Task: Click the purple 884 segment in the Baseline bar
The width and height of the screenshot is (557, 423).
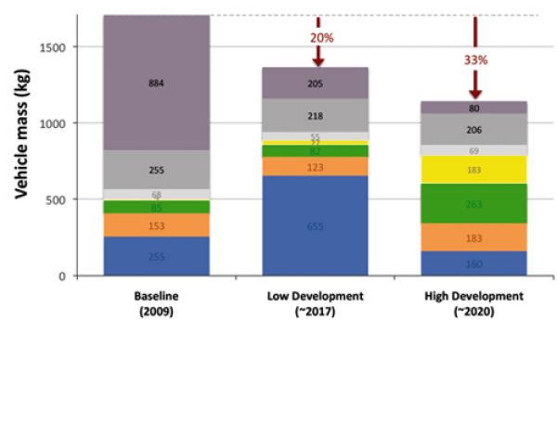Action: coord(156,83)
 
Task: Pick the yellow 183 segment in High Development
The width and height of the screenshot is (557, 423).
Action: coord(474,170)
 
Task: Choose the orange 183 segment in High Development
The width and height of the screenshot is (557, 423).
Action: coord(474,237)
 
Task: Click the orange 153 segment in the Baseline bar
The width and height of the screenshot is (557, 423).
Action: coord(156,225)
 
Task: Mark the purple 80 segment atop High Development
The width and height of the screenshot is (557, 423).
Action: coord(474,108)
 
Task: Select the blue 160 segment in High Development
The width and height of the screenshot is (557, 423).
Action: coord(474,263)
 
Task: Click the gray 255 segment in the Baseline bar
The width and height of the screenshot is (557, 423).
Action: coord(156,170)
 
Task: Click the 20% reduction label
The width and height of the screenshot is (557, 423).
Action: coord(317,37)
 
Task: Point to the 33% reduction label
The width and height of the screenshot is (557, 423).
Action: coord(474,57)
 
